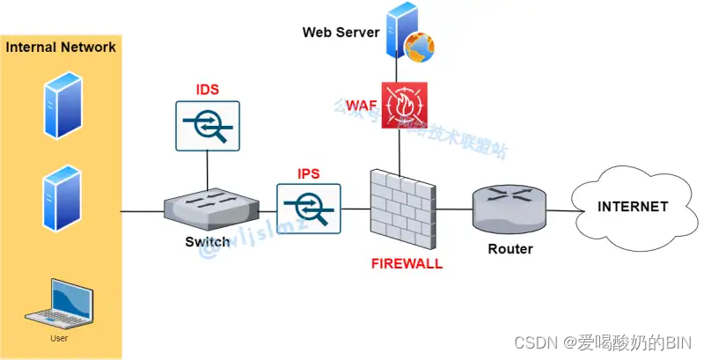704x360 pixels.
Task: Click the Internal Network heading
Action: click(61, 48)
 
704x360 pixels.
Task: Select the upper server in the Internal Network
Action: click(61, 105)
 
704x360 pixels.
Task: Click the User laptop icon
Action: click(58, 304)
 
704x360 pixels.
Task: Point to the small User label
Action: click(58, 337)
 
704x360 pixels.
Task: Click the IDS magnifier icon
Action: click(209, 124)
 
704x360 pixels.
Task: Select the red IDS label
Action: click(208, 90)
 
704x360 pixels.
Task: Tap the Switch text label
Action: click(208, 242)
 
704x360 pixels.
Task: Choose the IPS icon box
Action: click(309, 207)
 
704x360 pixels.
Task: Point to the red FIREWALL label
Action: click(406, 263)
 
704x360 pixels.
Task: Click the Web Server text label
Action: click(341, 33)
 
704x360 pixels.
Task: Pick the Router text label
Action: click(510, 249)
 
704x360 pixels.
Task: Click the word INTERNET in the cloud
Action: click(633, 207)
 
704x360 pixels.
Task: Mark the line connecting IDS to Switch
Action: click(209, 167)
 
